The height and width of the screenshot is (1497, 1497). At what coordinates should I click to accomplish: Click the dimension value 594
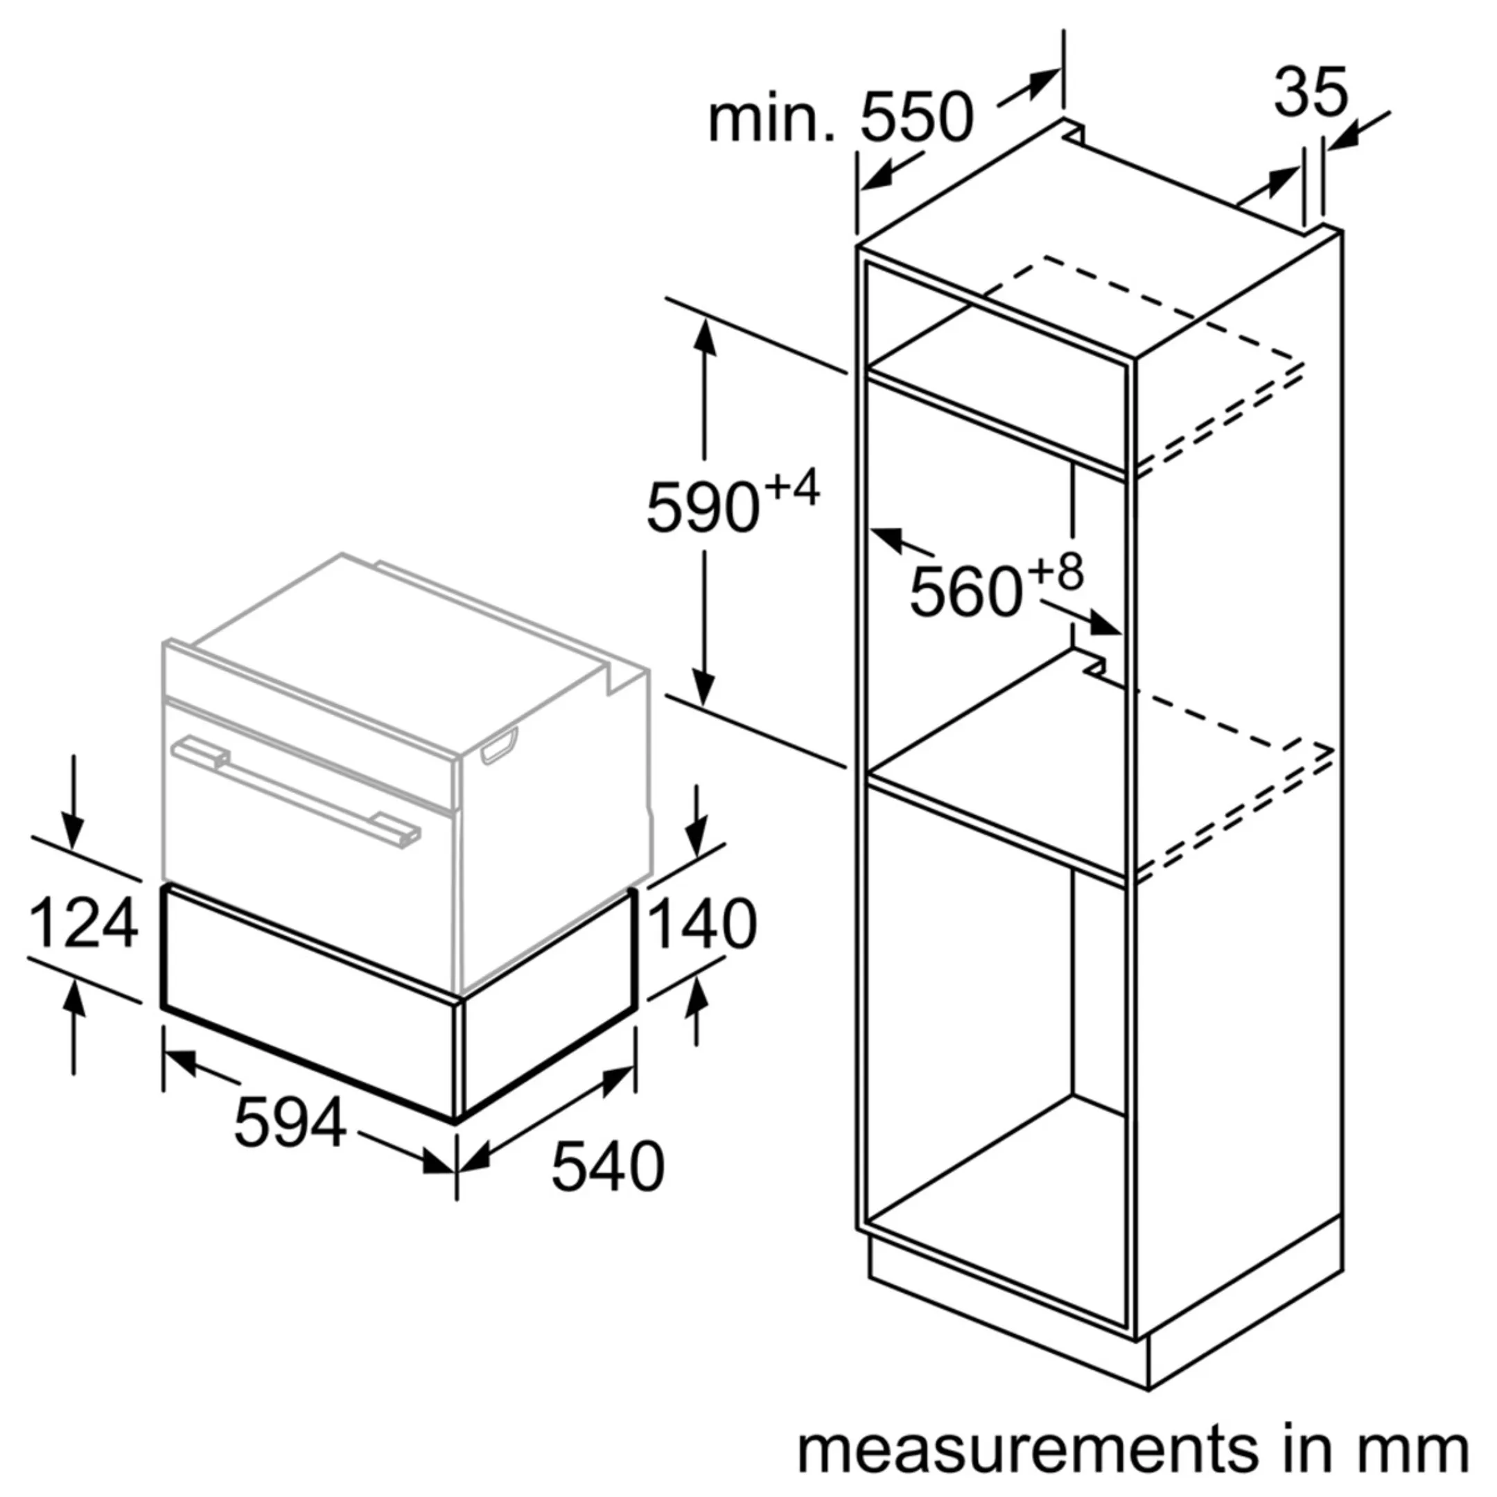click(289, 1123)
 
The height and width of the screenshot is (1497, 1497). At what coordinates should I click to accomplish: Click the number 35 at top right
click(1311, 93)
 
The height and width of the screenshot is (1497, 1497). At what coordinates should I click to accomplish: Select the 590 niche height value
click(702, 507)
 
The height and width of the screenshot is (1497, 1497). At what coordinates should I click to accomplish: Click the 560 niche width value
click(965, 592)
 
